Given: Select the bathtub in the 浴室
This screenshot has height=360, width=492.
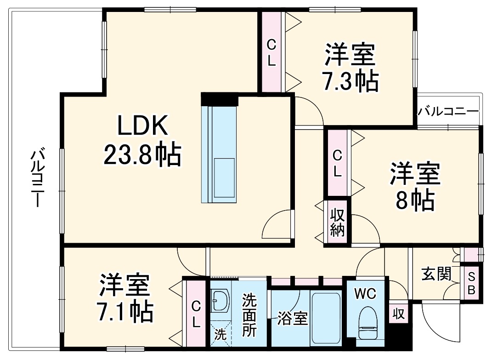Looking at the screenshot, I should coord(326,317).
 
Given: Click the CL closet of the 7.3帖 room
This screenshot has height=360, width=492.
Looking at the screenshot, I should coord(271,53).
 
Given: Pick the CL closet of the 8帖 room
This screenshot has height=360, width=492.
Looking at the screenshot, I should coord(338,163).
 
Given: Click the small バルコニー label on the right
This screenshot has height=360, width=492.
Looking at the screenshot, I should coord(448,111).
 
